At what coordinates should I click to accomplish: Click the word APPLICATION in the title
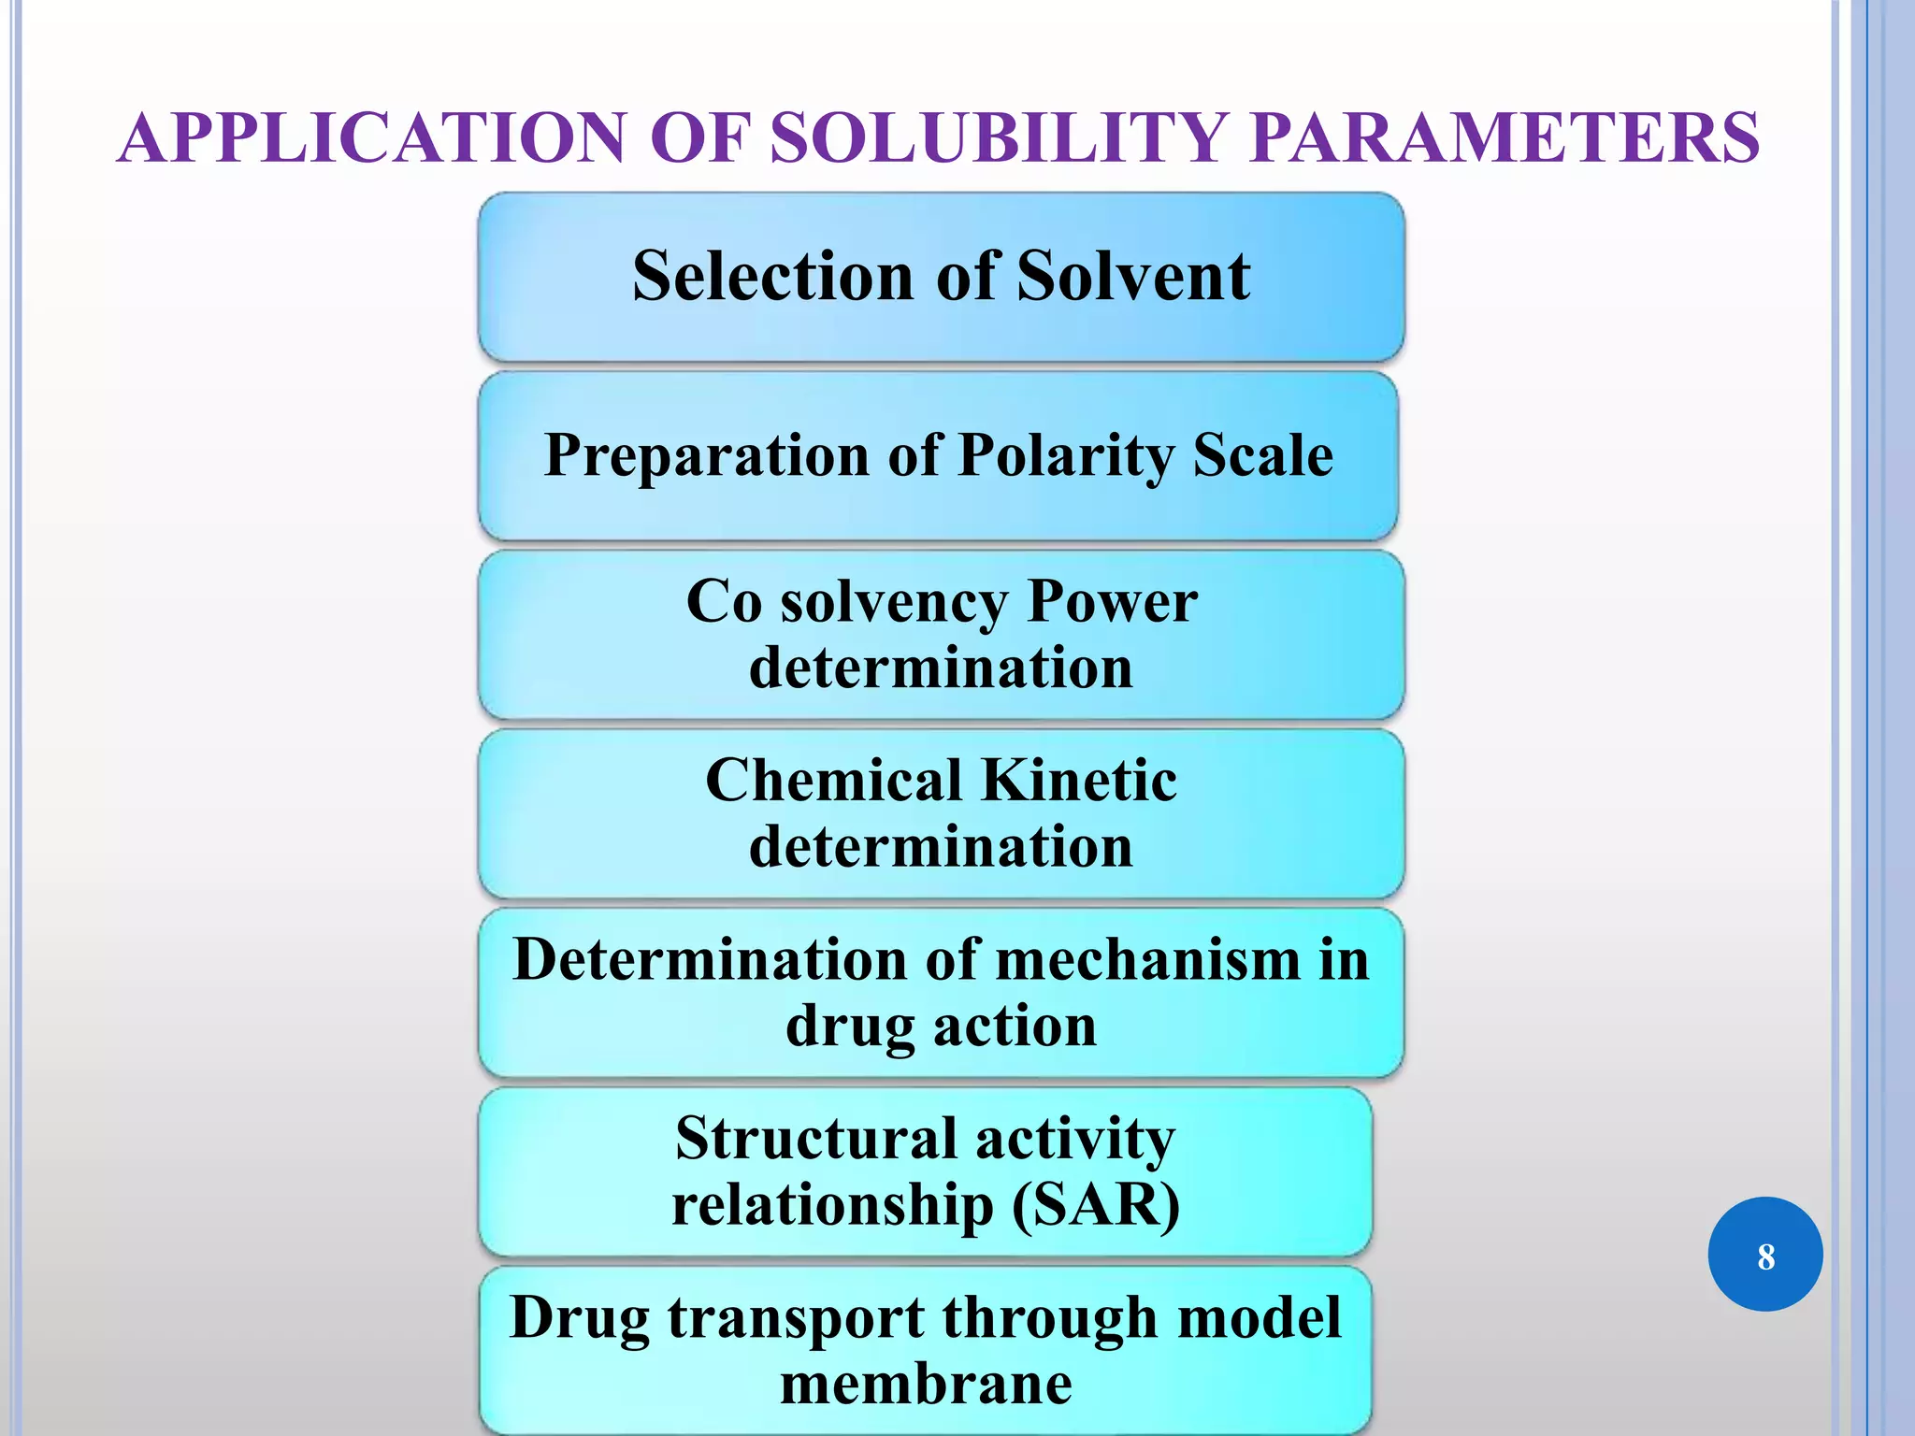click(371, 138)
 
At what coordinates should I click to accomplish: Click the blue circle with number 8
click(1764, 1255)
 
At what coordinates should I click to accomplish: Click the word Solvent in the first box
click(1133, 277)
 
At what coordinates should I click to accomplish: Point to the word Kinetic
click(1079, 780)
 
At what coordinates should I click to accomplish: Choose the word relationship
click(832, 1205)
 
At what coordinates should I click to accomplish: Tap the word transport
click(796, 1318)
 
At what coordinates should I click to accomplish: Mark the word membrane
click(926, 1385)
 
